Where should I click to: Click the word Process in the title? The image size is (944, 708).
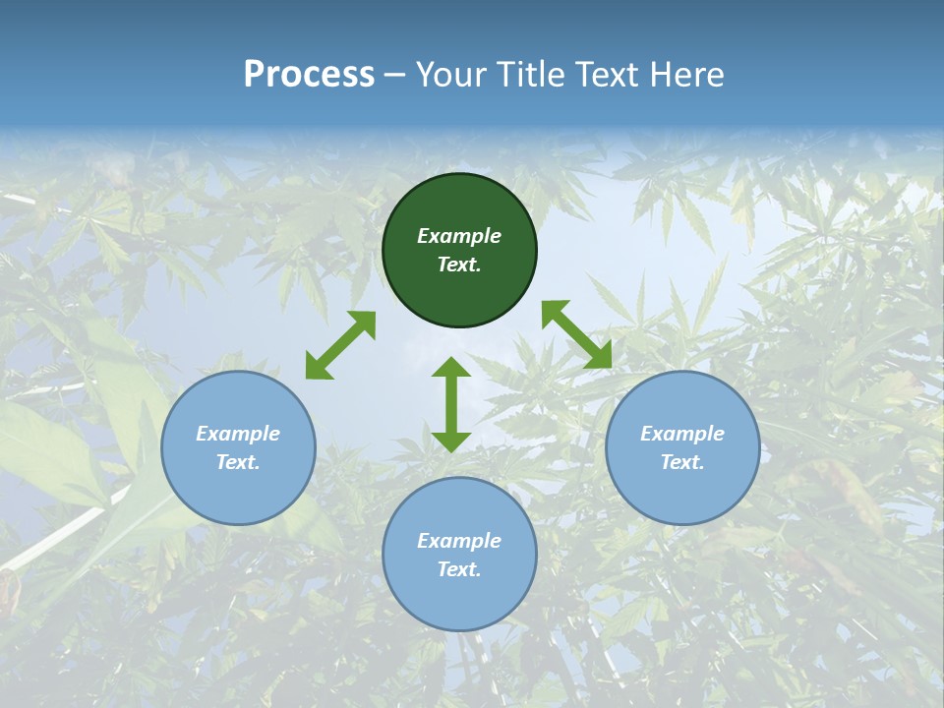309,75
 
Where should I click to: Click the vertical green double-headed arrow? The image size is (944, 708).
451,404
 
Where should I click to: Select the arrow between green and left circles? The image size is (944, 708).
340,345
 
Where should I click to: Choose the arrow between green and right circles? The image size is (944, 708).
577,334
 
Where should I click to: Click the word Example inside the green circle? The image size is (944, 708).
459,236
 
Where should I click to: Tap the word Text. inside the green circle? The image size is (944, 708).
459,265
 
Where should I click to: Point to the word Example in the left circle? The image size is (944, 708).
238,434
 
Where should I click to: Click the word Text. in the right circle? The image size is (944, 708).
682,462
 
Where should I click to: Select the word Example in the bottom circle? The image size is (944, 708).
459,541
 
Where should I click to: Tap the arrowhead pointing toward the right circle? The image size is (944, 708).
599,356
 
